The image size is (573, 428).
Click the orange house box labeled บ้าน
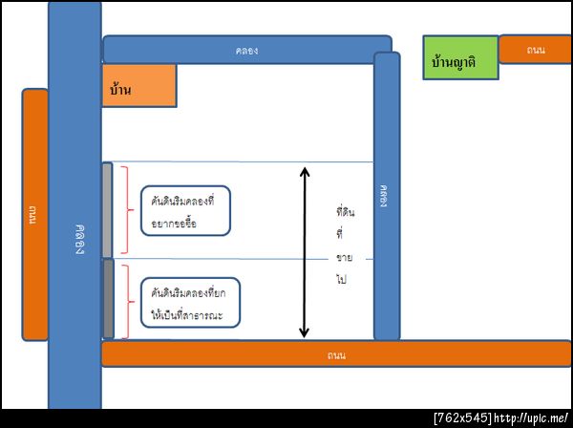(x=138, y=85)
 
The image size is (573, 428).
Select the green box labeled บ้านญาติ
(x=460, y=59)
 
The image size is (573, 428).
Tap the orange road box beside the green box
(x=535, y=49)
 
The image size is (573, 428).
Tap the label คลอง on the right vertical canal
(x=386, y=196)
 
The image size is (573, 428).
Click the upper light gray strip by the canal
(x=107, y=210)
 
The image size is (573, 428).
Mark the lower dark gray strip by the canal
(x=108, y=298)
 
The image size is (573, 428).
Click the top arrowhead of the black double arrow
(x=305, y=173)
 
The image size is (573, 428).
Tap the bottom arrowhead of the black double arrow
(x=305, y=332)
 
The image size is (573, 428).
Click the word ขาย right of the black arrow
(x=344, y=258)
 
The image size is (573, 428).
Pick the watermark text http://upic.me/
(x=532, y=418)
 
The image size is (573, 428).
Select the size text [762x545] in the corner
(x=462, y=418)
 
